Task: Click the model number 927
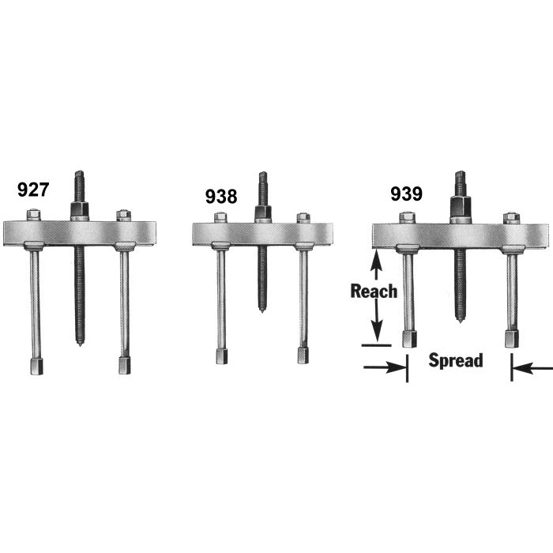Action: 33,190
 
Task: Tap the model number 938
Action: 220,196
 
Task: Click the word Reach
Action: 374,291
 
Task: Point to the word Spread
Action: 455,361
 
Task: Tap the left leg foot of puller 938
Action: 220,355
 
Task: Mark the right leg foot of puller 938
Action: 303,355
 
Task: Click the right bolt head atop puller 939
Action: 510,216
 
